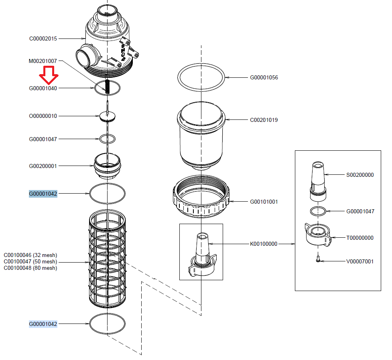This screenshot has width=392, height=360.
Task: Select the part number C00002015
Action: [x=43, y=39]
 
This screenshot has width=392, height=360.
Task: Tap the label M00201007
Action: [x=43, y=61]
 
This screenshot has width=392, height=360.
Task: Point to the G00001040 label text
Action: [x=43, y=88]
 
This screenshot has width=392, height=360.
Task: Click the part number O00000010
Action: [x=43, y=116]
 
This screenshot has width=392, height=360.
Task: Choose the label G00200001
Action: [x=43, y=166]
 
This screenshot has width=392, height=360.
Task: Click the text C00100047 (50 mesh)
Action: [x=30, y=262]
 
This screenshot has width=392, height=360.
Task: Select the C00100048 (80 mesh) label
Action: [x=30, y=268]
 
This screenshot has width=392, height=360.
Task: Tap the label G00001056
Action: [x=264, y=78]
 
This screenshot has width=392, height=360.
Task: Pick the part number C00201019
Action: [x=264, y=120]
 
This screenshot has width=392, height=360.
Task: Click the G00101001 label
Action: [x=264, y=202]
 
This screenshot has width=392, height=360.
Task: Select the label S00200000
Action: [x=360, y=175]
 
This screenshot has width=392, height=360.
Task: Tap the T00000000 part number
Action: [x=360, y=238]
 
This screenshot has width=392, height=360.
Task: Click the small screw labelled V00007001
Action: [x=317, y=260]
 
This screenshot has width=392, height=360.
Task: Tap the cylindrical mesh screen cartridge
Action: [x=107, y=261]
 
